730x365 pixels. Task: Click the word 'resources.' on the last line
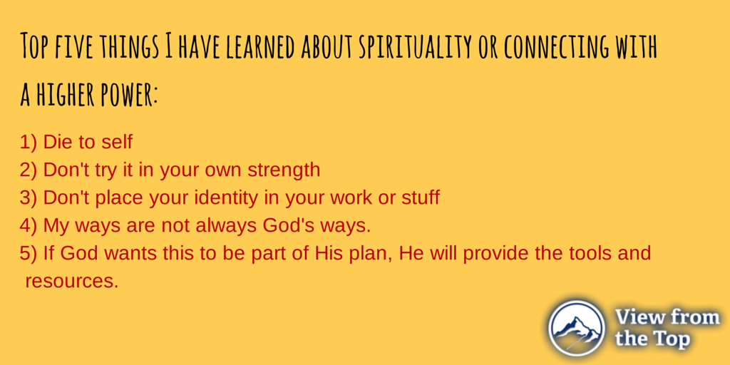pyautogui.click(x=71, y=281)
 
